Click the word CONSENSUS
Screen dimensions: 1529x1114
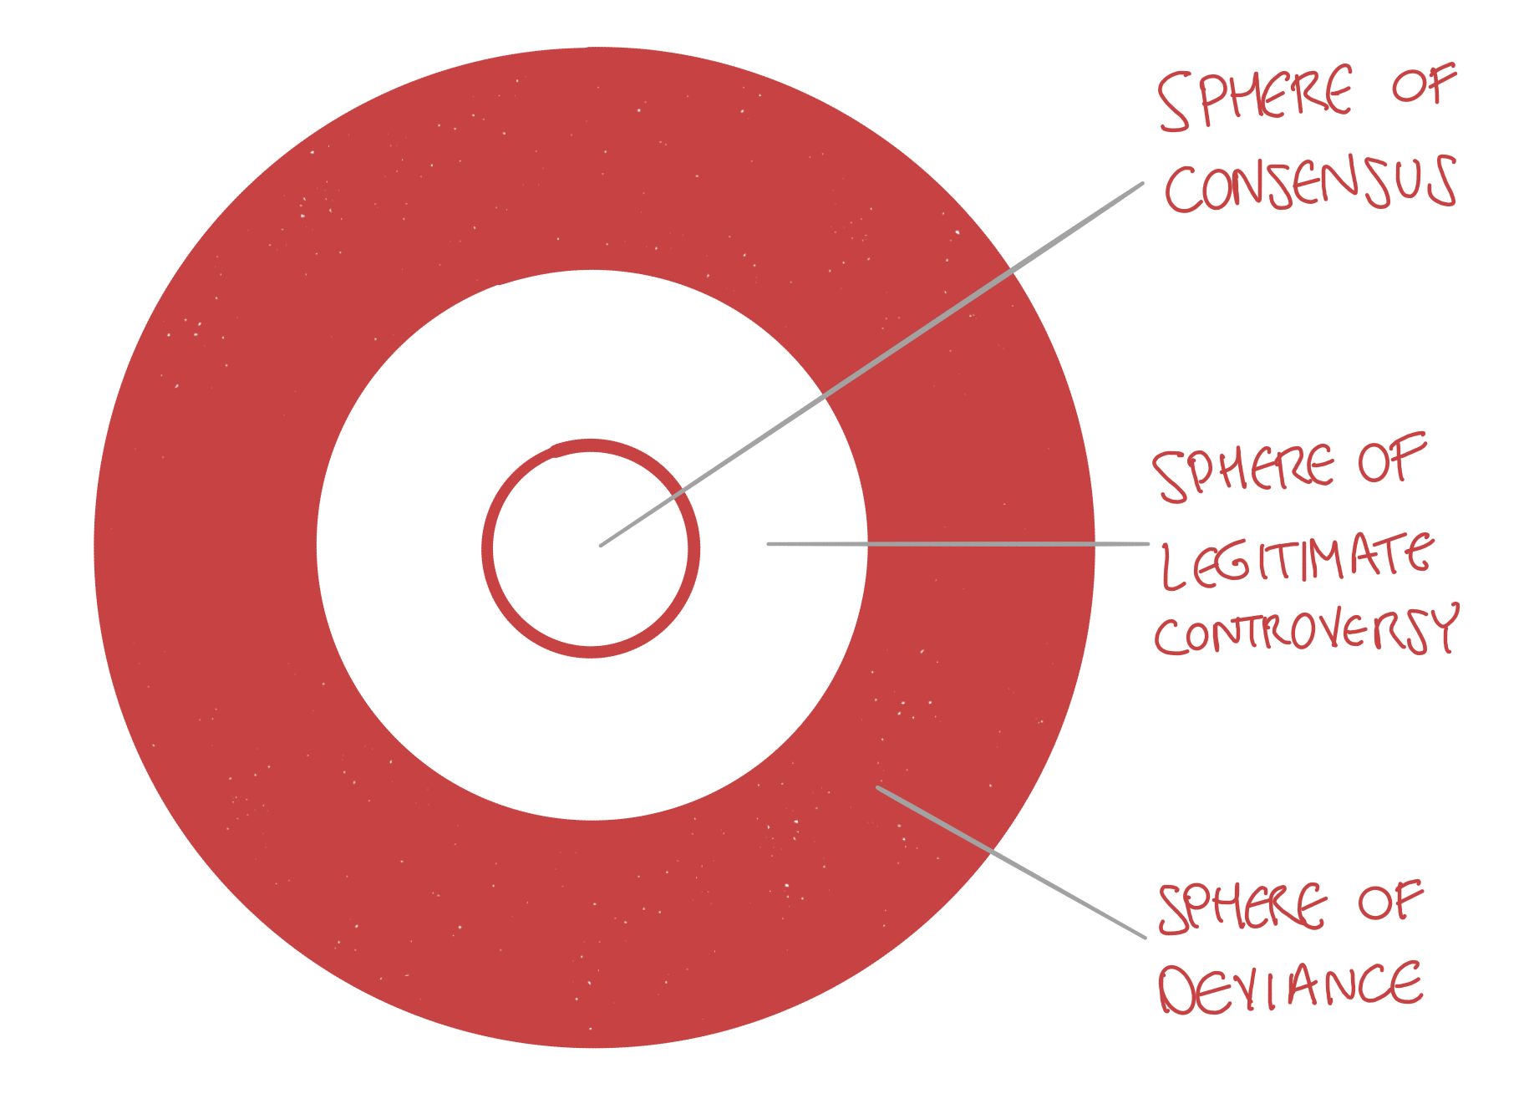(x=1310, y=184)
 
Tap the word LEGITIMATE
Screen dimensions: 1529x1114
(x=1298, y=560)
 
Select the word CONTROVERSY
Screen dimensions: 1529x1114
(x=1306, y=631)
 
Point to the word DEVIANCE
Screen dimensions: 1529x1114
(x=1291, y=986)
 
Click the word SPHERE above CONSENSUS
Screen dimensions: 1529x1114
(x=1255, y=99)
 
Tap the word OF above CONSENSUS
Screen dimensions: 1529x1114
(x=1423, y=85)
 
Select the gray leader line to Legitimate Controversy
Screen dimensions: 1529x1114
(x=961, y=544)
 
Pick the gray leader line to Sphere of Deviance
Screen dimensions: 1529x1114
(x=1011, y=862)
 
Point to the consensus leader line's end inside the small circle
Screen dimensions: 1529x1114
(x=602, y=545)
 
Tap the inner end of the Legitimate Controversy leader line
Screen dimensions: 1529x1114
(x=770, y=544)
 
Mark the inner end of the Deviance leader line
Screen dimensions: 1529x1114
(x=878, y=787)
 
